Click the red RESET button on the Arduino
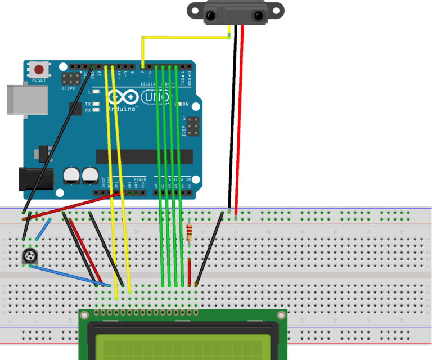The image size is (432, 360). click(39, 70)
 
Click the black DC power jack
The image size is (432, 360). click(35, 178)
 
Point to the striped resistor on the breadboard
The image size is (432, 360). click(189, 232)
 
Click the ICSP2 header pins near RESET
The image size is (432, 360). click(71, 79)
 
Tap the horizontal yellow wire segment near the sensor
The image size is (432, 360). click(186, 38)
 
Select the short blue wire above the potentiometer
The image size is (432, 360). click(44, 229)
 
